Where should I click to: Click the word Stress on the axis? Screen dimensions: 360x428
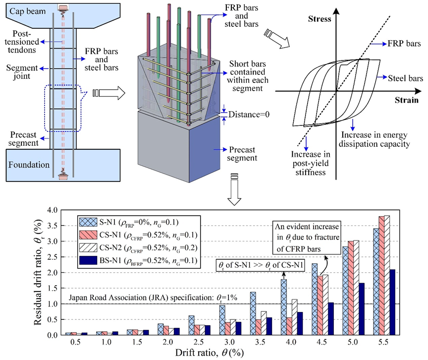320,19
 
